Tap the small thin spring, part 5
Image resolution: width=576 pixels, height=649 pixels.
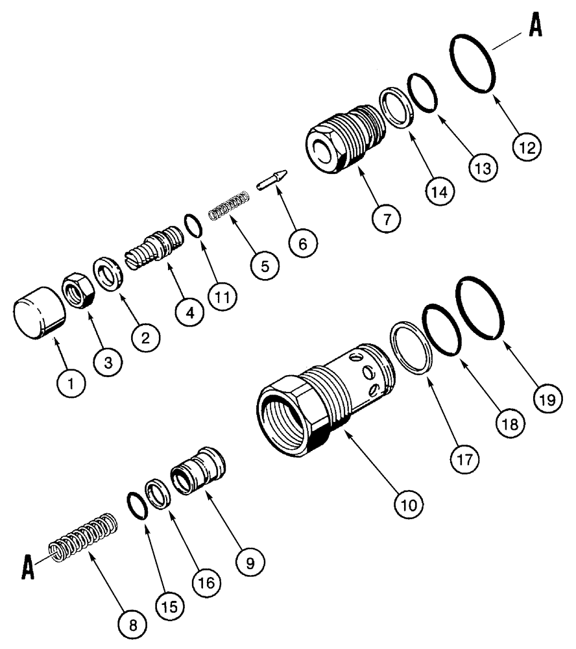229,204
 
